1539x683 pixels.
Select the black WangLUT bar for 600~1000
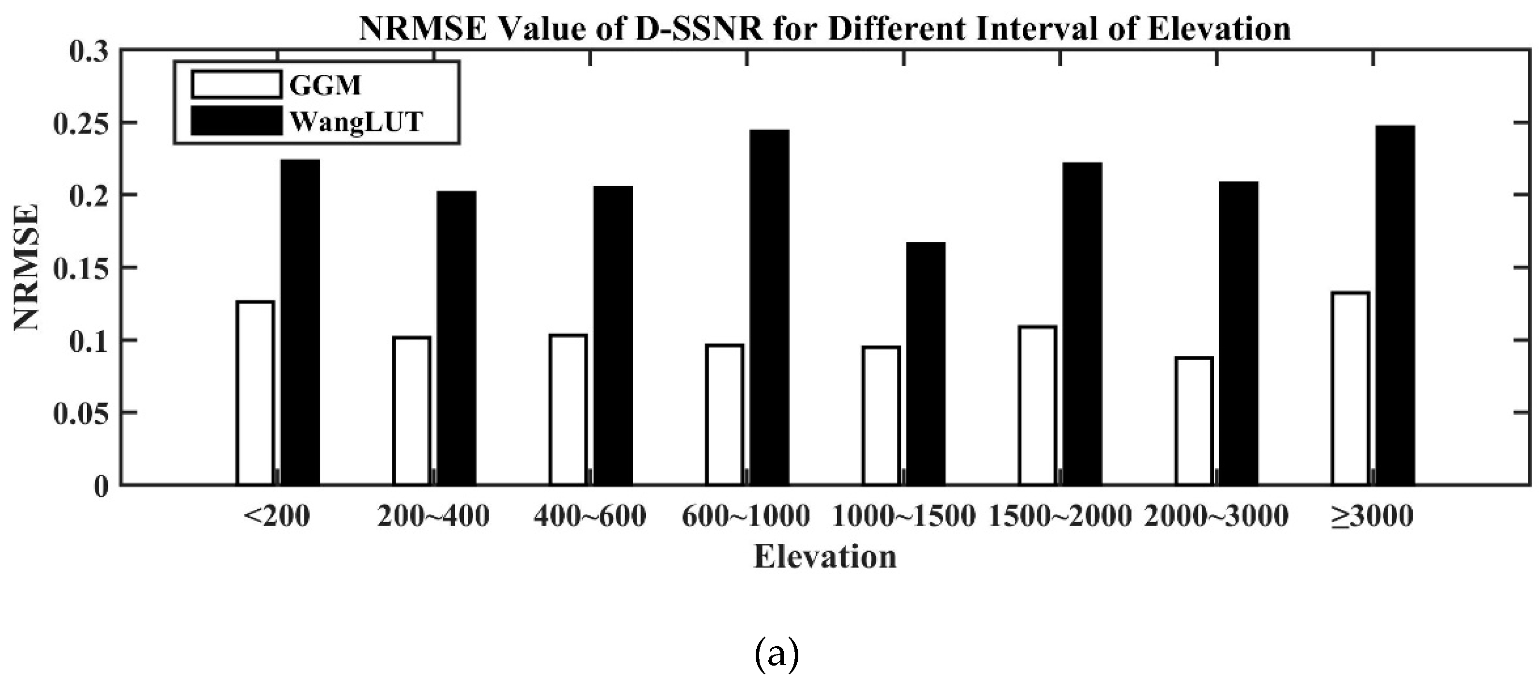pos(769,307)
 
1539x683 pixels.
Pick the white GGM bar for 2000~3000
pos(1194,421)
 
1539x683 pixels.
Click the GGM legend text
pos(325,86)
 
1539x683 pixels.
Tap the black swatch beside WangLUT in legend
pos(237,121)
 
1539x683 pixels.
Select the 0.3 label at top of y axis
pos(90,52)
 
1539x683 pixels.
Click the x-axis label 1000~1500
pos(903,516)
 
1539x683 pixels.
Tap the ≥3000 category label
pos(1372,516)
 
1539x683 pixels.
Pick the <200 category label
pos(277,516)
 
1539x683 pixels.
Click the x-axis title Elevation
pos(825,557)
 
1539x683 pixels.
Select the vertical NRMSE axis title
pos(27,267)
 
